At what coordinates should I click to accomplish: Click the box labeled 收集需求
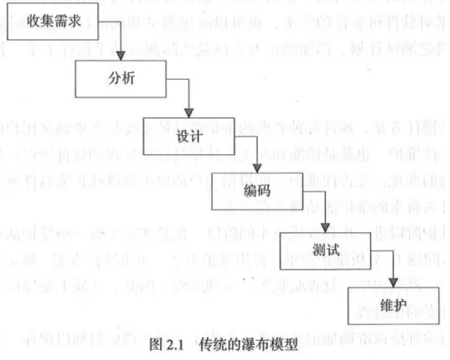(x=52, y=21)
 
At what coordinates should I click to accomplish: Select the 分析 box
(x=120, y=79)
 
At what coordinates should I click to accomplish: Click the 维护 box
(x=393, y=306)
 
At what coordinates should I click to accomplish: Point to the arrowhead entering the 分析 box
(x=120, y=56)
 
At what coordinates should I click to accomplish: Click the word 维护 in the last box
(x=393, y=306)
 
